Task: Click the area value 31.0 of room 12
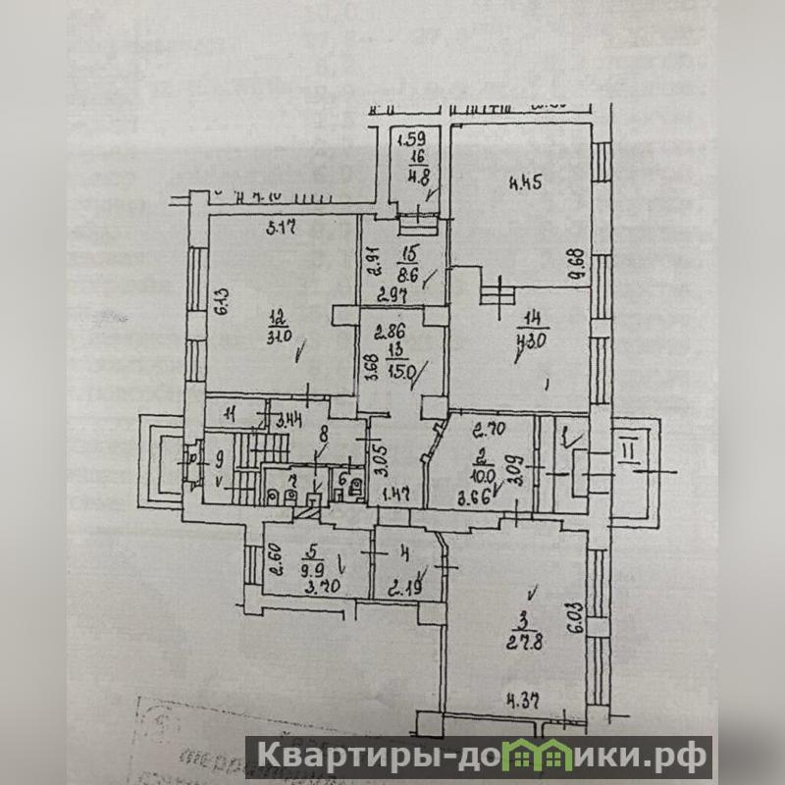point(278,336)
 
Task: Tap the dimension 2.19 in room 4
point(403,589)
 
